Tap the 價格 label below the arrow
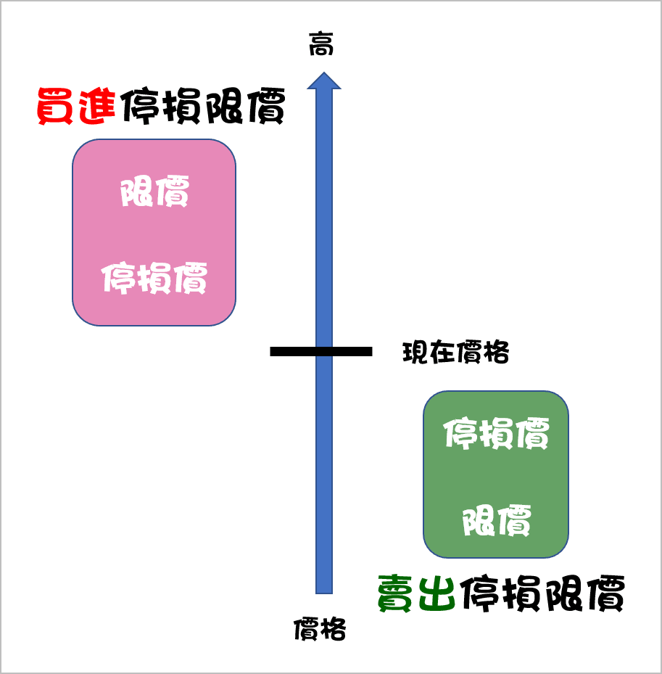click(x=320, y=629)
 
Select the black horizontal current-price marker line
click(x=320, y=351)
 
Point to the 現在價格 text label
click(x=455, y=353)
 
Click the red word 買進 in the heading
click(x=76, y=107)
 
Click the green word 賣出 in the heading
click(x=417, y=593)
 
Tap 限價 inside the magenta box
click(x=154, y=193)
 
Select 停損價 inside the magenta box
click(x=154, y=278)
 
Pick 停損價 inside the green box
click(x=496, y=434)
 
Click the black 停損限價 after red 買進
click(x=202, y=107)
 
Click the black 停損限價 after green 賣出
click(x=541, y=593)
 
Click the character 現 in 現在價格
click(x=415, y=353)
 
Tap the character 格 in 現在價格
click(x=497, y=353)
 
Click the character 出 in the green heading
click(x=437, y=593)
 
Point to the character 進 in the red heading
click(x=97, y=107)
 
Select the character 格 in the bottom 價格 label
click(x=333, y=629)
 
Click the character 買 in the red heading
click(x=55, y=107)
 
